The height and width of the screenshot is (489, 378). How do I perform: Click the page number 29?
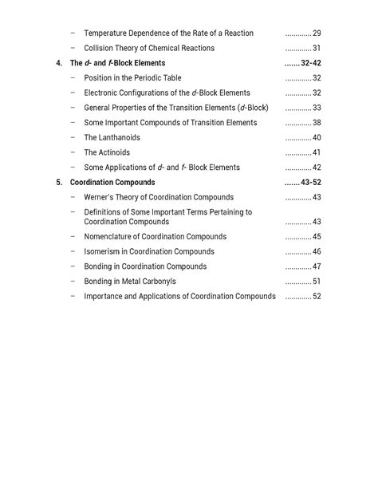(x=317, y=34)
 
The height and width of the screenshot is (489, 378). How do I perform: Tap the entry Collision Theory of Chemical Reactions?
(x=149, y=49)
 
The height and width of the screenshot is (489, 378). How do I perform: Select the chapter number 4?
(x=59, y=63)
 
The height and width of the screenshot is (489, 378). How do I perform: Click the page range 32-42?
(x=311, y=63)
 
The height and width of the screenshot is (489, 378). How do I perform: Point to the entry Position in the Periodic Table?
(x=132, y=78)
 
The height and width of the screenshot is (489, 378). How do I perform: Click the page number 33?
(x=317, y=108)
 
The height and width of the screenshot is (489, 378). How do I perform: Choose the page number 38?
(x=317, y=123)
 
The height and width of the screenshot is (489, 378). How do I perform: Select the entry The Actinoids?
(x=107, y=152)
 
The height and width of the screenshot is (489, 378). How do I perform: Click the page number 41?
(x=317, y=152)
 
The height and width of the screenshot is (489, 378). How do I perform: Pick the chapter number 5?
(x=59, y=183)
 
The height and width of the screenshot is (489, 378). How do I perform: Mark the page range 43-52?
(x=311, y=183)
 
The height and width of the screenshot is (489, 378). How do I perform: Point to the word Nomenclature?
(x=110, y=237)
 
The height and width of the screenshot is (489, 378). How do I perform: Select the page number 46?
(x=317, y=252)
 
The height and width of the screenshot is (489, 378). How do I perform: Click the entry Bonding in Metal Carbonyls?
(x=130, y=282)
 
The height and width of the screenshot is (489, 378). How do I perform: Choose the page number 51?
(x=317, y=282)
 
